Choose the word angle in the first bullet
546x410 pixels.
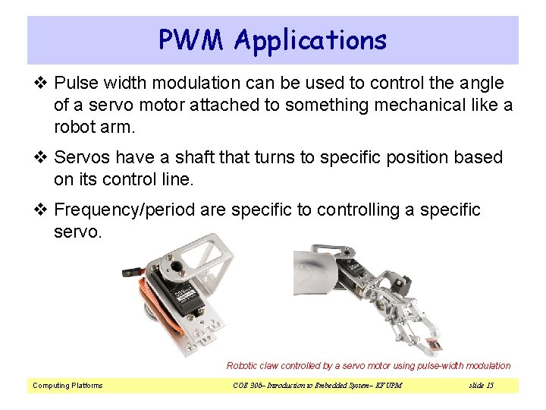click(482, 82)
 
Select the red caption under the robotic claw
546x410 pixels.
click(369, 366)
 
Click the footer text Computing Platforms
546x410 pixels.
click(67, 386)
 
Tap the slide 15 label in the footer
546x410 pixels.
click(481, 386)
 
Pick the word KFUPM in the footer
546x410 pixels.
click(386, 386)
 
